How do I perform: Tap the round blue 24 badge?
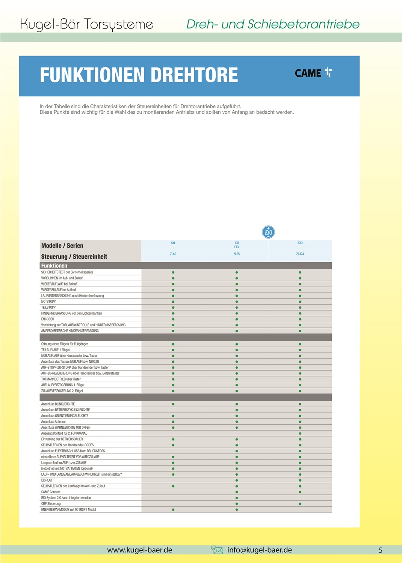[x=268, y=232]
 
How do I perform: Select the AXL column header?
[x=173, y=243]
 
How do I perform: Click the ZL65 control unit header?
[x=236, y=254]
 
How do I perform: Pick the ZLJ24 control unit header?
[x=300, y=254]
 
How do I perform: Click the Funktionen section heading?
[x=54, y=266]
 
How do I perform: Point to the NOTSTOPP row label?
[x=48, y=302]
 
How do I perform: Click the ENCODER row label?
[x=48, y=319]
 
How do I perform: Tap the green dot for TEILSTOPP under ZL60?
[x=173, y=308]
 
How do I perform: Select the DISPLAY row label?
[x=47, y=480]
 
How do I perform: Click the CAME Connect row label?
[x=51, y=492]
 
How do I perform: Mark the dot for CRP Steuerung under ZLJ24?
[x=300, y=504]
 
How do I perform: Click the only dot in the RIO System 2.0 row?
[x=237, y=498]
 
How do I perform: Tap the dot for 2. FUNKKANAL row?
[x=300, y=434]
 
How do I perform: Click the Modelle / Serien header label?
[x=62, y=246]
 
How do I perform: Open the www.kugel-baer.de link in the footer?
[x=139, y=550]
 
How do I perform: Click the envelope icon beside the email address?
[x=217, y=550]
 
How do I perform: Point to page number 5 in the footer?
[x=380, y=550]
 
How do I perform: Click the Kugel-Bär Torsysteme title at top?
[x=87, y=24]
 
